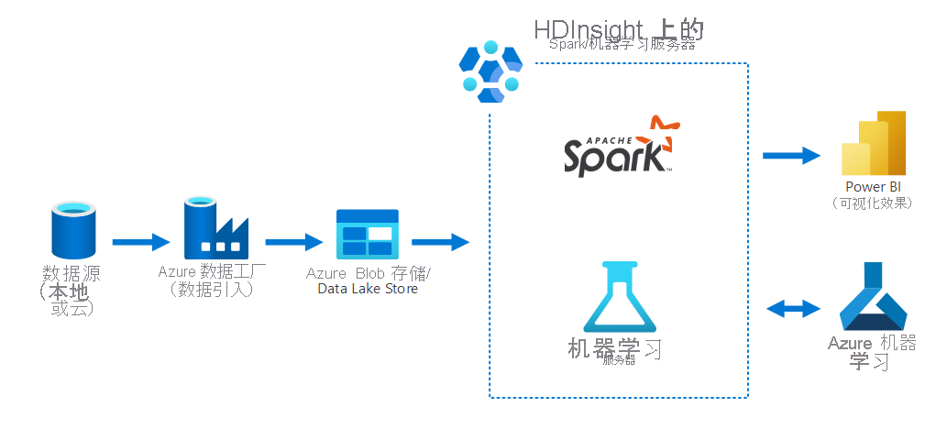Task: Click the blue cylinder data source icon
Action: (x=73, y=231)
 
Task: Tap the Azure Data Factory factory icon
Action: (x=216, y=229)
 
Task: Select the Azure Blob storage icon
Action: (x=367, y=234)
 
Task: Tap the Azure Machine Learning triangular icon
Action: (x=872, y=297)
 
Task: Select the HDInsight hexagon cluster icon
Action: (x=490, y=71)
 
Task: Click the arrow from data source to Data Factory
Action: (x=141, y=242)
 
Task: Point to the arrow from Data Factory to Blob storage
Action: (x=293, y=242)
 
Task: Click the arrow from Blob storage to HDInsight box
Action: (x=440, y=242)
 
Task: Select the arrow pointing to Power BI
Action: (x=790, y=155)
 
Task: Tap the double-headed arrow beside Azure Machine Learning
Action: (x=793, y=309)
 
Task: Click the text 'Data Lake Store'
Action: (x=368, y=289)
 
